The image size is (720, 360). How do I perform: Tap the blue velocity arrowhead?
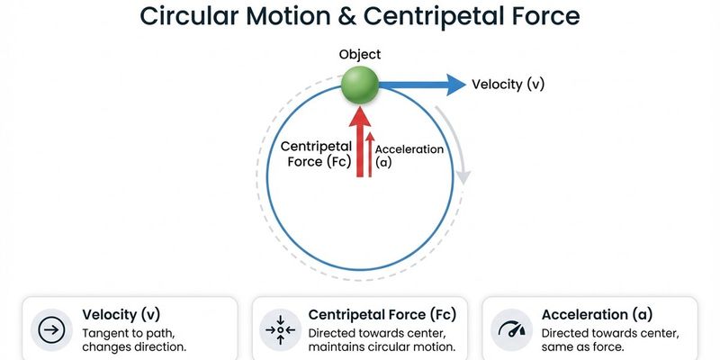pyautogui.click(x=454, y=85)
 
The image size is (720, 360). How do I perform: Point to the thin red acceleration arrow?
pyautogui.click(x=370, y=153)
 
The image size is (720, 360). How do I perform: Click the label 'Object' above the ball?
pyautogui.click(x=360, y=55)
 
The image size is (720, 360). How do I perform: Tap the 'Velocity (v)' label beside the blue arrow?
pyautogui.click(x=508, y=85)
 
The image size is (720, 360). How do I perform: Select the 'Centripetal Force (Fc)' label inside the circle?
pyautogui.click(x=315, y=154)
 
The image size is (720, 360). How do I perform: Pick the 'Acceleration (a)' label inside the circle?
pyautogui.click(x=409, y=156)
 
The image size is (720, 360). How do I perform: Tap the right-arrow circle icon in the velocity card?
pyautogui.click(x=51, y=331)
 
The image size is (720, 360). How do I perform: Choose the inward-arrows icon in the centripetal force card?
pyautogui.click(x=281, y=331)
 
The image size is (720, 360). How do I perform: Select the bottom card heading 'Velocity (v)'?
pyautogui.click(x=122, y=315)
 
